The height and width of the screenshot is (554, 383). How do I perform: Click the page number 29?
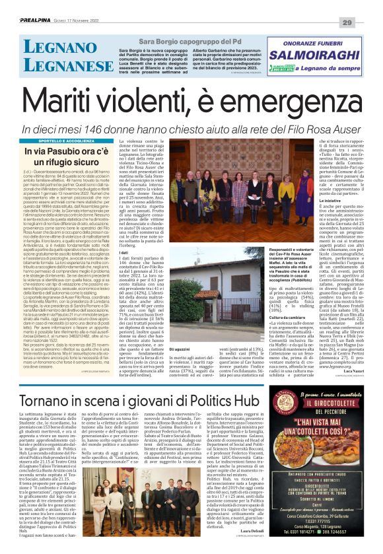[365, 5]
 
